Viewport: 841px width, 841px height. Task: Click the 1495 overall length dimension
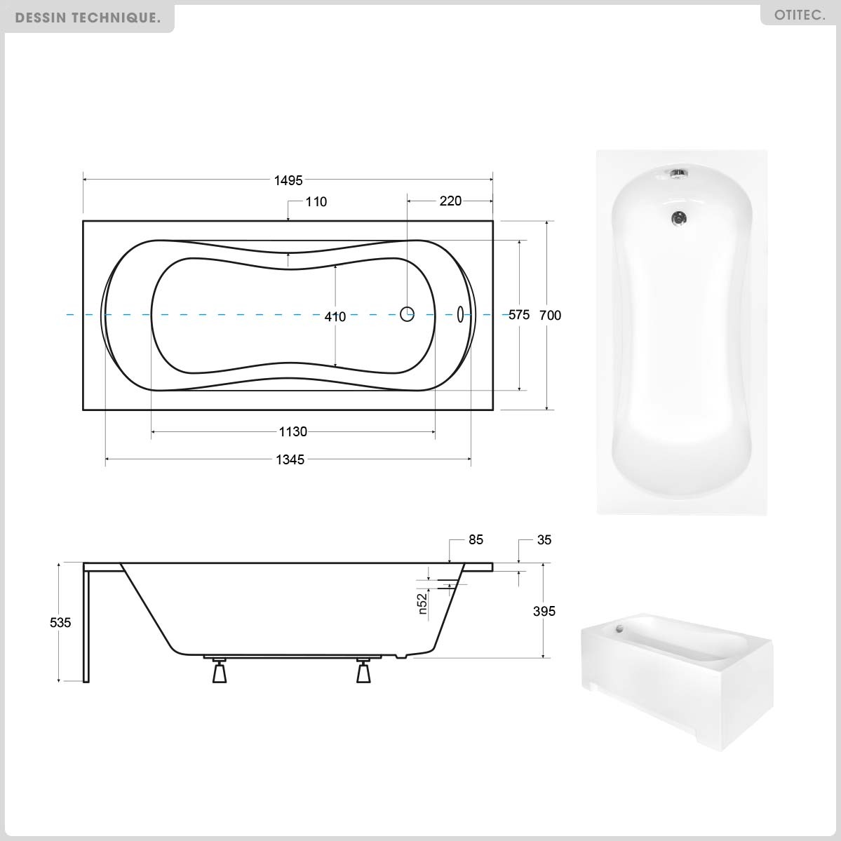288,180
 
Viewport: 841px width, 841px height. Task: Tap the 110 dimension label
316,202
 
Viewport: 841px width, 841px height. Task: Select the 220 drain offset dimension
450,201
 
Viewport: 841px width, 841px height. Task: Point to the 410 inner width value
335,317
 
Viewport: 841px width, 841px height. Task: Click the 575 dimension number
519,315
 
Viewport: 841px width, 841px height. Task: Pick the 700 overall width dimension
551,316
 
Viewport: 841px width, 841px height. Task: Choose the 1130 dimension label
293,432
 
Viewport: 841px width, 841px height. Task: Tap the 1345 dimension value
290,459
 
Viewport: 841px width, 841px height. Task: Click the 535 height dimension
60,623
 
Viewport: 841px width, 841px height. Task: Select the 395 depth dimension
544,611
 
